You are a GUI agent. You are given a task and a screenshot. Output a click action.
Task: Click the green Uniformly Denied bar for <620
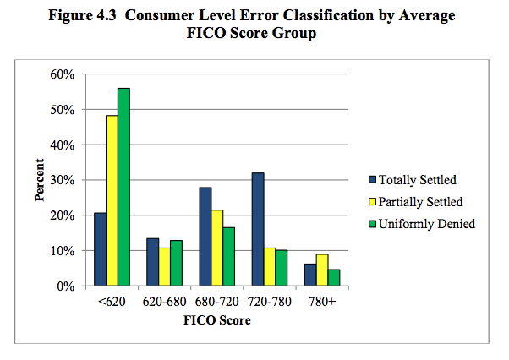click(x=123, y=188)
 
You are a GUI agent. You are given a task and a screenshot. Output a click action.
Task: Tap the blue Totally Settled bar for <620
click(x=100, y=250)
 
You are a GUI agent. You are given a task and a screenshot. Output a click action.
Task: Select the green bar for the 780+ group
click(x=335, y=278)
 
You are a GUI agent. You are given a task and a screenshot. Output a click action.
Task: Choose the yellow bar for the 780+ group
click(x=323, y=270)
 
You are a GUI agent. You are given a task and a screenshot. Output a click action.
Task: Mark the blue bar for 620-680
click(x=153, y=262)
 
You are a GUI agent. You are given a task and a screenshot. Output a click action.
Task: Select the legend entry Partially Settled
click(x=416, y=201)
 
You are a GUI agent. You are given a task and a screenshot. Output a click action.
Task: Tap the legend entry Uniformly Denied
click(x=419, y=223)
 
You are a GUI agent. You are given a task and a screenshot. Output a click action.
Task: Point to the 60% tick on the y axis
click(x=65, y=74)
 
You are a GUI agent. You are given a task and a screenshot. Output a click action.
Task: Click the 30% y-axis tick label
click(x=65, y=180)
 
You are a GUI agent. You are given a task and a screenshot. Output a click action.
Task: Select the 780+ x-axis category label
click(x=323, y=302)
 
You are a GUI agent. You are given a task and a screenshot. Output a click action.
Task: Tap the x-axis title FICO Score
click(x=217, y=320)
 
